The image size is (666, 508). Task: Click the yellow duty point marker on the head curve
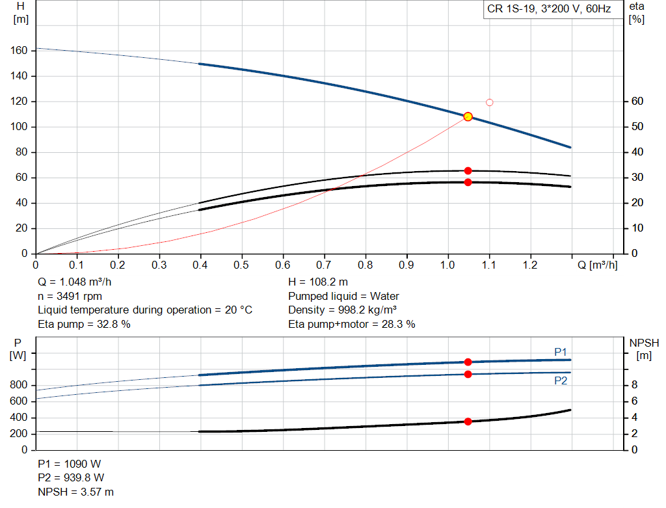click(x=468, y=116)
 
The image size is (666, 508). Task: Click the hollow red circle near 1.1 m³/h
click(x=489, y=102)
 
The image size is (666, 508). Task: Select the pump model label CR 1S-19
click(x=511, y=9)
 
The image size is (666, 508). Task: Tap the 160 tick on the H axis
click(x=19, y=51)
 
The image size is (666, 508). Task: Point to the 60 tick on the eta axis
click(x=637, y=101)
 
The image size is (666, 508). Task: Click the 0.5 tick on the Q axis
click(x=241, y=265)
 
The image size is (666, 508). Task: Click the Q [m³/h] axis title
click(x=597, y=265)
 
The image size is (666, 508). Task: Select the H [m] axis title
click(x=21, y=13)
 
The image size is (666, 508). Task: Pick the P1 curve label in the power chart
click(x=560, y=352)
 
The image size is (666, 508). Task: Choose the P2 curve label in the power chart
click(x=560, y=381)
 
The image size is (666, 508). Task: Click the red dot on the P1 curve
click(x=468, y=362)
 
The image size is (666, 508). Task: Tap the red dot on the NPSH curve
click(x=468, y=421)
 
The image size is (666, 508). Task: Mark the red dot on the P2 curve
click(x=468, y=374)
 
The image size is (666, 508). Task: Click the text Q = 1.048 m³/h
click(x=74, y=282)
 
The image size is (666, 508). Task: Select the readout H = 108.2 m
click(x=317, y=282)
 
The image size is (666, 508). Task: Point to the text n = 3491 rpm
click(x=70, y=296)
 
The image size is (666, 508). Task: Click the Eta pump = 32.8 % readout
click(x=84, y=324)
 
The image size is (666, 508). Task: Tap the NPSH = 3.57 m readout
click(x=75, y=492)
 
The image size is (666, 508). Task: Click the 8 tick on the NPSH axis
click(x=634, y=385)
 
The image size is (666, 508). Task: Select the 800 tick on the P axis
click(x=19, y=385)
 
